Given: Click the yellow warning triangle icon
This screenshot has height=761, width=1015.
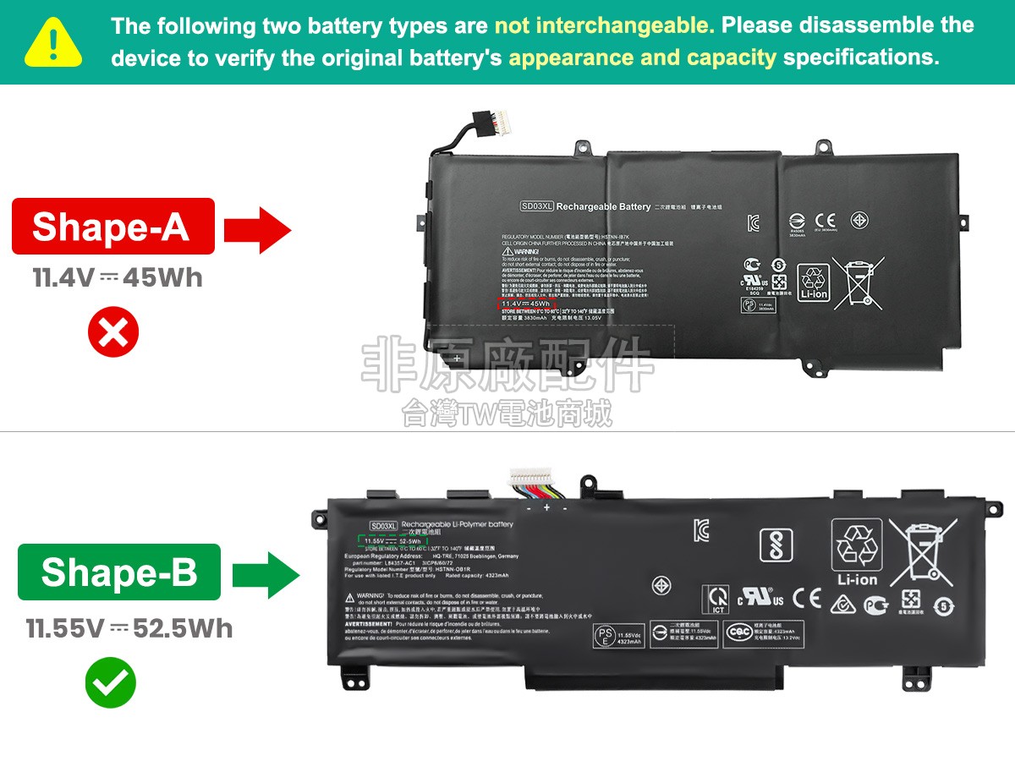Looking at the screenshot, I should pos(53,42).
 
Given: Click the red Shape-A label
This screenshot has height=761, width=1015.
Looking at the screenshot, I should pos(112,227).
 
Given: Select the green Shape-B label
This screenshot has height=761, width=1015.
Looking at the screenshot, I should pos(118,572).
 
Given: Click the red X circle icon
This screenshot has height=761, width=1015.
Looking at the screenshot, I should pos(112,334).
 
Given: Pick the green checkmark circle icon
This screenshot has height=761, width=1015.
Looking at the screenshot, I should pos(110,683).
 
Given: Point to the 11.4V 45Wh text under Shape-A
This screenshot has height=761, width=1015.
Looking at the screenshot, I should pos(118,278).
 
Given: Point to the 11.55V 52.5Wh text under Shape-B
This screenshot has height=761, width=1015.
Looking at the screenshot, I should pos(129,628).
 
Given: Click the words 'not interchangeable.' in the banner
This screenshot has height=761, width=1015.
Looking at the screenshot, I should pos(604,25).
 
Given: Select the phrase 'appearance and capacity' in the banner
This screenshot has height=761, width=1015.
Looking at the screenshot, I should pos(642,57).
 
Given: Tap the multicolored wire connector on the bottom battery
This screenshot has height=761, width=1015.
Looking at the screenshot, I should pos(539,489).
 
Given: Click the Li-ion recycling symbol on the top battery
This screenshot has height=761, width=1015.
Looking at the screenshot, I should pos(814,282).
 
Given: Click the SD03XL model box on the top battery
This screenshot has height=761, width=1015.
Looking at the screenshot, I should pos(536,206).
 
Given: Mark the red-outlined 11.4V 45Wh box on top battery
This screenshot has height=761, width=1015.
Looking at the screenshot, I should pos(525,304).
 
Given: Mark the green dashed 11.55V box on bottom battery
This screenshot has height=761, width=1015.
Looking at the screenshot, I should pos(392,540).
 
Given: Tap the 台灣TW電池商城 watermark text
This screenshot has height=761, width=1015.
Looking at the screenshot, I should pos(507,413).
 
